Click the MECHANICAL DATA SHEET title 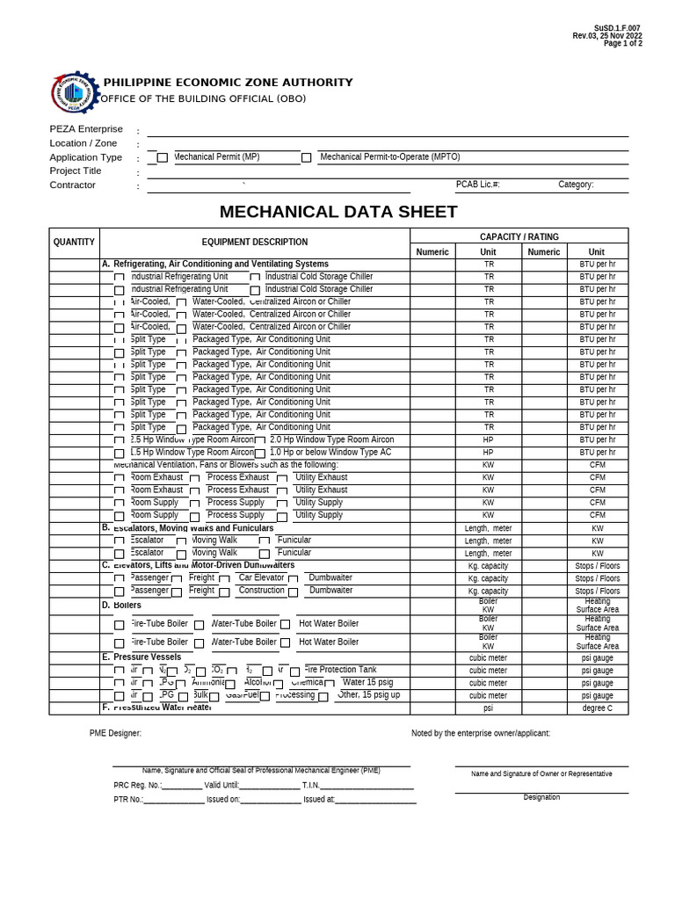[x=338, y=212]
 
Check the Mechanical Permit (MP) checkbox [x=162, y=158]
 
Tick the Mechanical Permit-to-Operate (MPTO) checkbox [x=306, y=158]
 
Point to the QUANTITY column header [x=74, y=242]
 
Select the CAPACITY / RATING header [x=519, y=236]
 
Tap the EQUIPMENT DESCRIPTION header [x=255, y=242]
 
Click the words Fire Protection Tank [x=340, y=670]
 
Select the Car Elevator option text [x=261, y=577]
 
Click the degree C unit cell [x=597, y=708]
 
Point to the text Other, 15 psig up [x=369, y=694]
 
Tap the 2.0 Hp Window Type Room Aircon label [x=331, y=439]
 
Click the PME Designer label [x=115, y=733]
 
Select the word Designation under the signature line [x=541, y=797]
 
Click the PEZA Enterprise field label [x=86, y=129]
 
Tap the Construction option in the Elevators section [x=261, y=591]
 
